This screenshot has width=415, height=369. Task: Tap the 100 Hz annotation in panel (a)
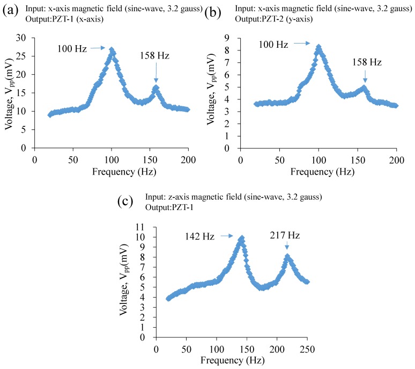(72, 48)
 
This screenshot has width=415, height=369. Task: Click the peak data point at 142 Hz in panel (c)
(241, 238)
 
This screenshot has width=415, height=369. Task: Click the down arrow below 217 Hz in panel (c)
(288, 248)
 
